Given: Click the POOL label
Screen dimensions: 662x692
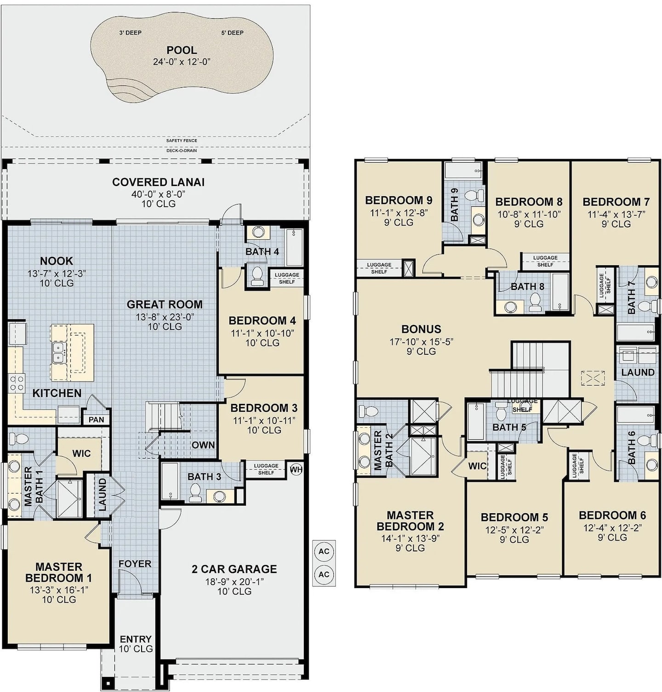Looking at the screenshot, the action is (182, 50).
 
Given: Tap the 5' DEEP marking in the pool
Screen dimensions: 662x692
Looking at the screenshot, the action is (232, 33).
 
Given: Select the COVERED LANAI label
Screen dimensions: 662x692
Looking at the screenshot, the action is (158, 182).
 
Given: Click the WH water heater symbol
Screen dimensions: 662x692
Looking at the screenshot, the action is (296, 470).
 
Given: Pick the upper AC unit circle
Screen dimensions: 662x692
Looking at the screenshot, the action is (324, 551).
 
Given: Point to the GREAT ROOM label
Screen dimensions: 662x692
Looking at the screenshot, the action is (165, 304).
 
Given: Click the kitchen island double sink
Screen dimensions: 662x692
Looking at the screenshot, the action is (58, 352).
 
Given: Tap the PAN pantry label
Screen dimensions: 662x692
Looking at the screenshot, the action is (96, 420).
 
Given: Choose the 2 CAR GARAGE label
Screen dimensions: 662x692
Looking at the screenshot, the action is (234, 569).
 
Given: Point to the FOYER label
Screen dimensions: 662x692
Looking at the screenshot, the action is (135, 564).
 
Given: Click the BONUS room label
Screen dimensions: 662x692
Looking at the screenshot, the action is (421, 329).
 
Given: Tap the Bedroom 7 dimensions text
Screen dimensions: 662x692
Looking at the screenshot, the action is (616, 214).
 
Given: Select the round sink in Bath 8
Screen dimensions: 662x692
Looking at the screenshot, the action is (510, 307).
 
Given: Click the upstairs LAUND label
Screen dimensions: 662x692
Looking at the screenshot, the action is (638, 372).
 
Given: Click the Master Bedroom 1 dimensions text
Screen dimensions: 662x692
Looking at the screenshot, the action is (59, 590).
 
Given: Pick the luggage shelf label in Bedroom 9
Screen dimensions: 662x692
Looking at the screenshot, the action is (379, 268).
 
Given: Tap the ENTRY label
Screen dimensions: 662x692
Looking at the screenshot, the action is (136, 639).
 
